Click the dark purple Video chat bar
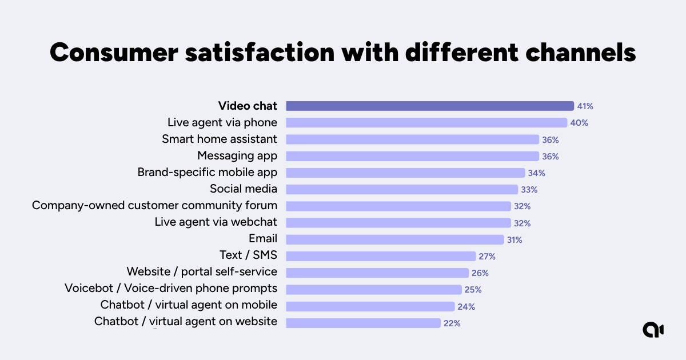(x=429, y=106)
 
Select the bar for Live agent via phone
(x=426, y=122)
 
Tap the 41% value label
(x=585, y=106)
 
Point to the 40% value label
(x=579, y=123)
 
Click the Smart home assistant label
(x=220, y=139)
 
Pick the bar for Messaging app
(x=412, y=156)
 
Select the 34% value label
(x=537, y=173)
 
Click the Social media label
(x=244, y=189)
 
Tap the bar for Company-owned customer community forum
(x=398, y=206)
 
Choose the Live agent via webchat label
(x=216, y=222)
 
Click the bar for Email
(x=394, y=239)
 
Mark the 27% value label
(x=487, y=257)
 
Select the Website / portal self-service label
(x=202, y=271)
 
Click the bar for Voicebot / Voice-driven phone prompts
(x=373, y=289)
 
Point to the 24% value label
(x=466, y=306)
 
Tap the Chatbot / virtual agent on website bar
(x=363, y=322)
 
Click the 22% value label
(x=452, y=323)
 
